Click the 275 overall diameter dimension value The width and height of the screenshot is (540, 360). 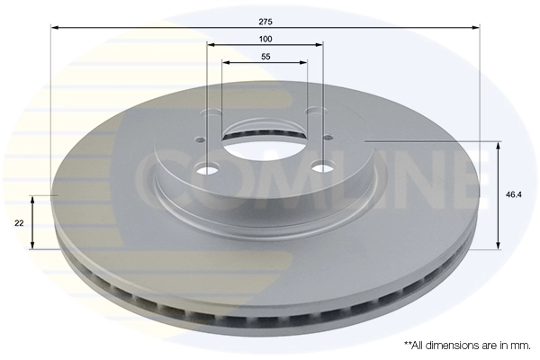265,20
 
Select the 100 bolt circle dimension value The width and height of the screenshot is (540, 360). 265,39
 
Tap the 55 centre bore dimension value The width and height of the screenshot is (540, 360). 265,57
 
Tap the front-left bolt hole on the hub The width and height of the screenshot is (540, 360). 207,169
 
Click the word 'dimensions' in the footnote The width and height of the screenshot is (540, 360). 455,345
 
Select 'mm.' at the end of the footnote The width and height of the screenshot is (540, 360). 521,345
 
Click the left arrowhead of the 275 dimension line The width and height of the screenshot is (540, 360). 54,28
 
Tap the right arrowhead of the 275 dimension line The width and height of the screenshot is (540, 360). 477,28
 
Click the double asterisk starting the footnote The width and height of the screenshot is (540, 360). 407,344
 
